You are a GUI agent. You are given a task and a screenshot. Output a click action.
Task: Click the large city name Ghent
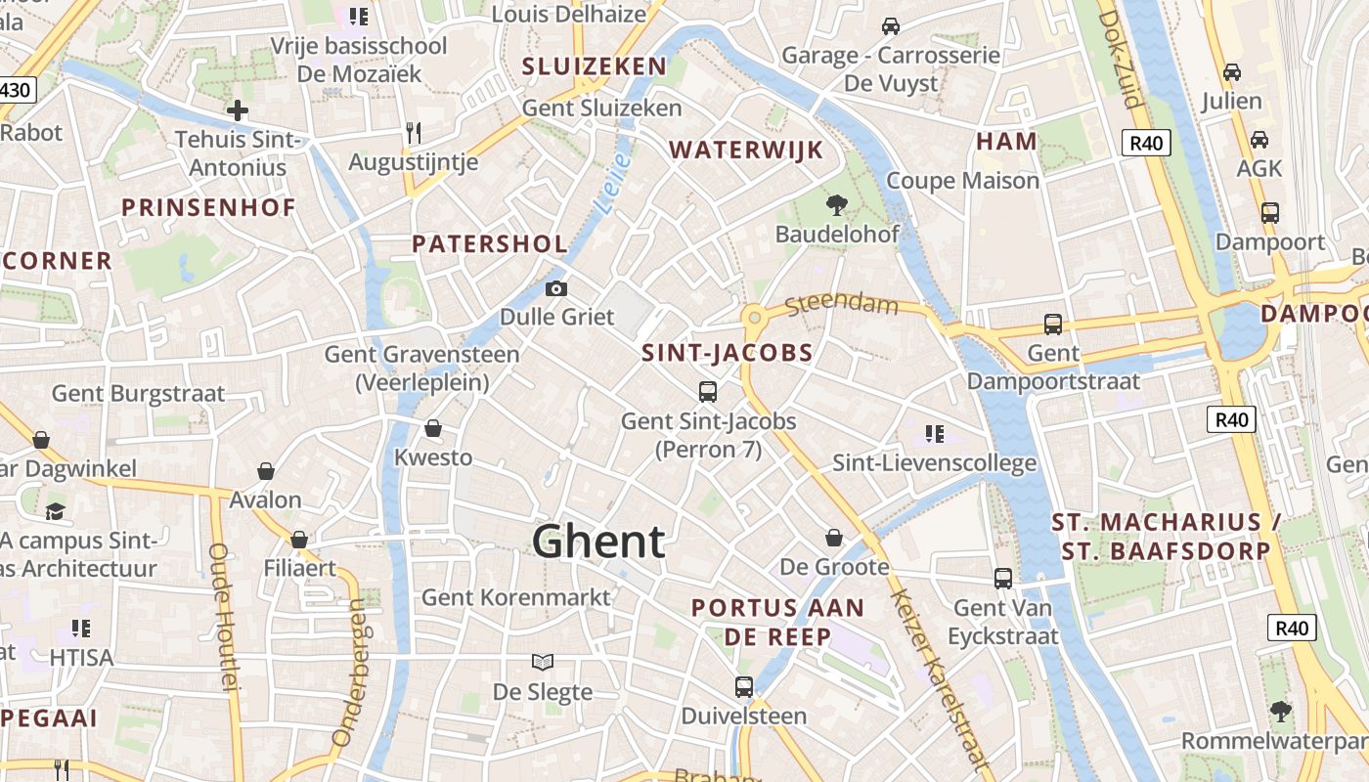pyautogui.click(x=598, y=541)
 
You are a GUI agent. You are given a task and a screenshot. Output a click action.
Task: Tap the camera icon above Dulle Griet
pyautogui.click(x=555, y=288)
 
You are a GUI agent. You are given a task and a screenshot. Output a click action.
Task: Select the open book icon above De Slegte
pyautogui.click(x=543, y=662)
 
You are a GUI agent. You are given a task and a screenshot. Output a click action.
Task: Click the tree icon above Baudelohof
pyautogui.click(x=836, y=204)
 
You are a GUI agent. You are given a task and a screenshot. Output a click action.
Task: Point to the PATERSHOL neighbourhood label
pyautogui.click(x=489, y=243)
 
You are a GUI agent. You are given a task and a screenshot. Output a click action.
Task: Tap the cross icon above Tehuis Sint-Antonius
pyautogui.click(x=237, y=110)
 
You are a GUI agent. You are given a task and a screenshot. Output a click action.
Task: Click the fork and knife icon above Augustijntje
pyautogui.click(x=414, y=132)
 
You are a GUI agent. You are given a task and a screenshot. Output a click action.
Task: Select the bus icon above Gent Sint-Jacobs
pyautogui.click(x=708, y=392)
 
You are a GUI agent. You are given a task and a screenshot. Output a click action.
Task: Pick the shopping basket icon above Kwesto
pyautogui.click(x=433, y=428)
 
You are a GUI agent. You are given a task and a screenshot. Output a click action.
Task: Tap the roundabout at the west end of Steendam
pyautogui.click(x=753, y=317)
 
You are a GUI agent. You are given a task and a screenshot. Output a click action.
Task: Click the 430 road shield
pyautogui.click(x=17, y=91)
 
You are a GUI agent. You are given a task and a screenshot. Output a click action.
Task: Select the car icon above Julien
pyautogui.click(x=1232, y=72)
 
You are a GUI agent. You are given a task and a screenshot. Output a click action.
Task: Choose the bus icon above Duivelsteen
pyautogui.click(x=744, y=686)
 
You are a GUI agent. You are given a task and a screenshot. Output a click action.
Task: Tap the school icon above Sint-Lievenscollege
pyautogui.click(x=934, y=433)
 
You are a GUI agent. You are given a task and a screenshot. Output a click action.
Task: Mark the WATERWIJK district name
pyautogui.click(x=746, y=150)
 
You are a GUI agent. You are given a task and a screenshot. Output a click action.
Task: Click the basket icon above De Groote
pyautogui.click(x=834, y=538)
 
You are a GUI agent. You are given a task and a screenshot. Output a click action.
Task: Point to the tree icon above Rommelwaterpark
pyautogui.click(x=1280, y=711)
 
